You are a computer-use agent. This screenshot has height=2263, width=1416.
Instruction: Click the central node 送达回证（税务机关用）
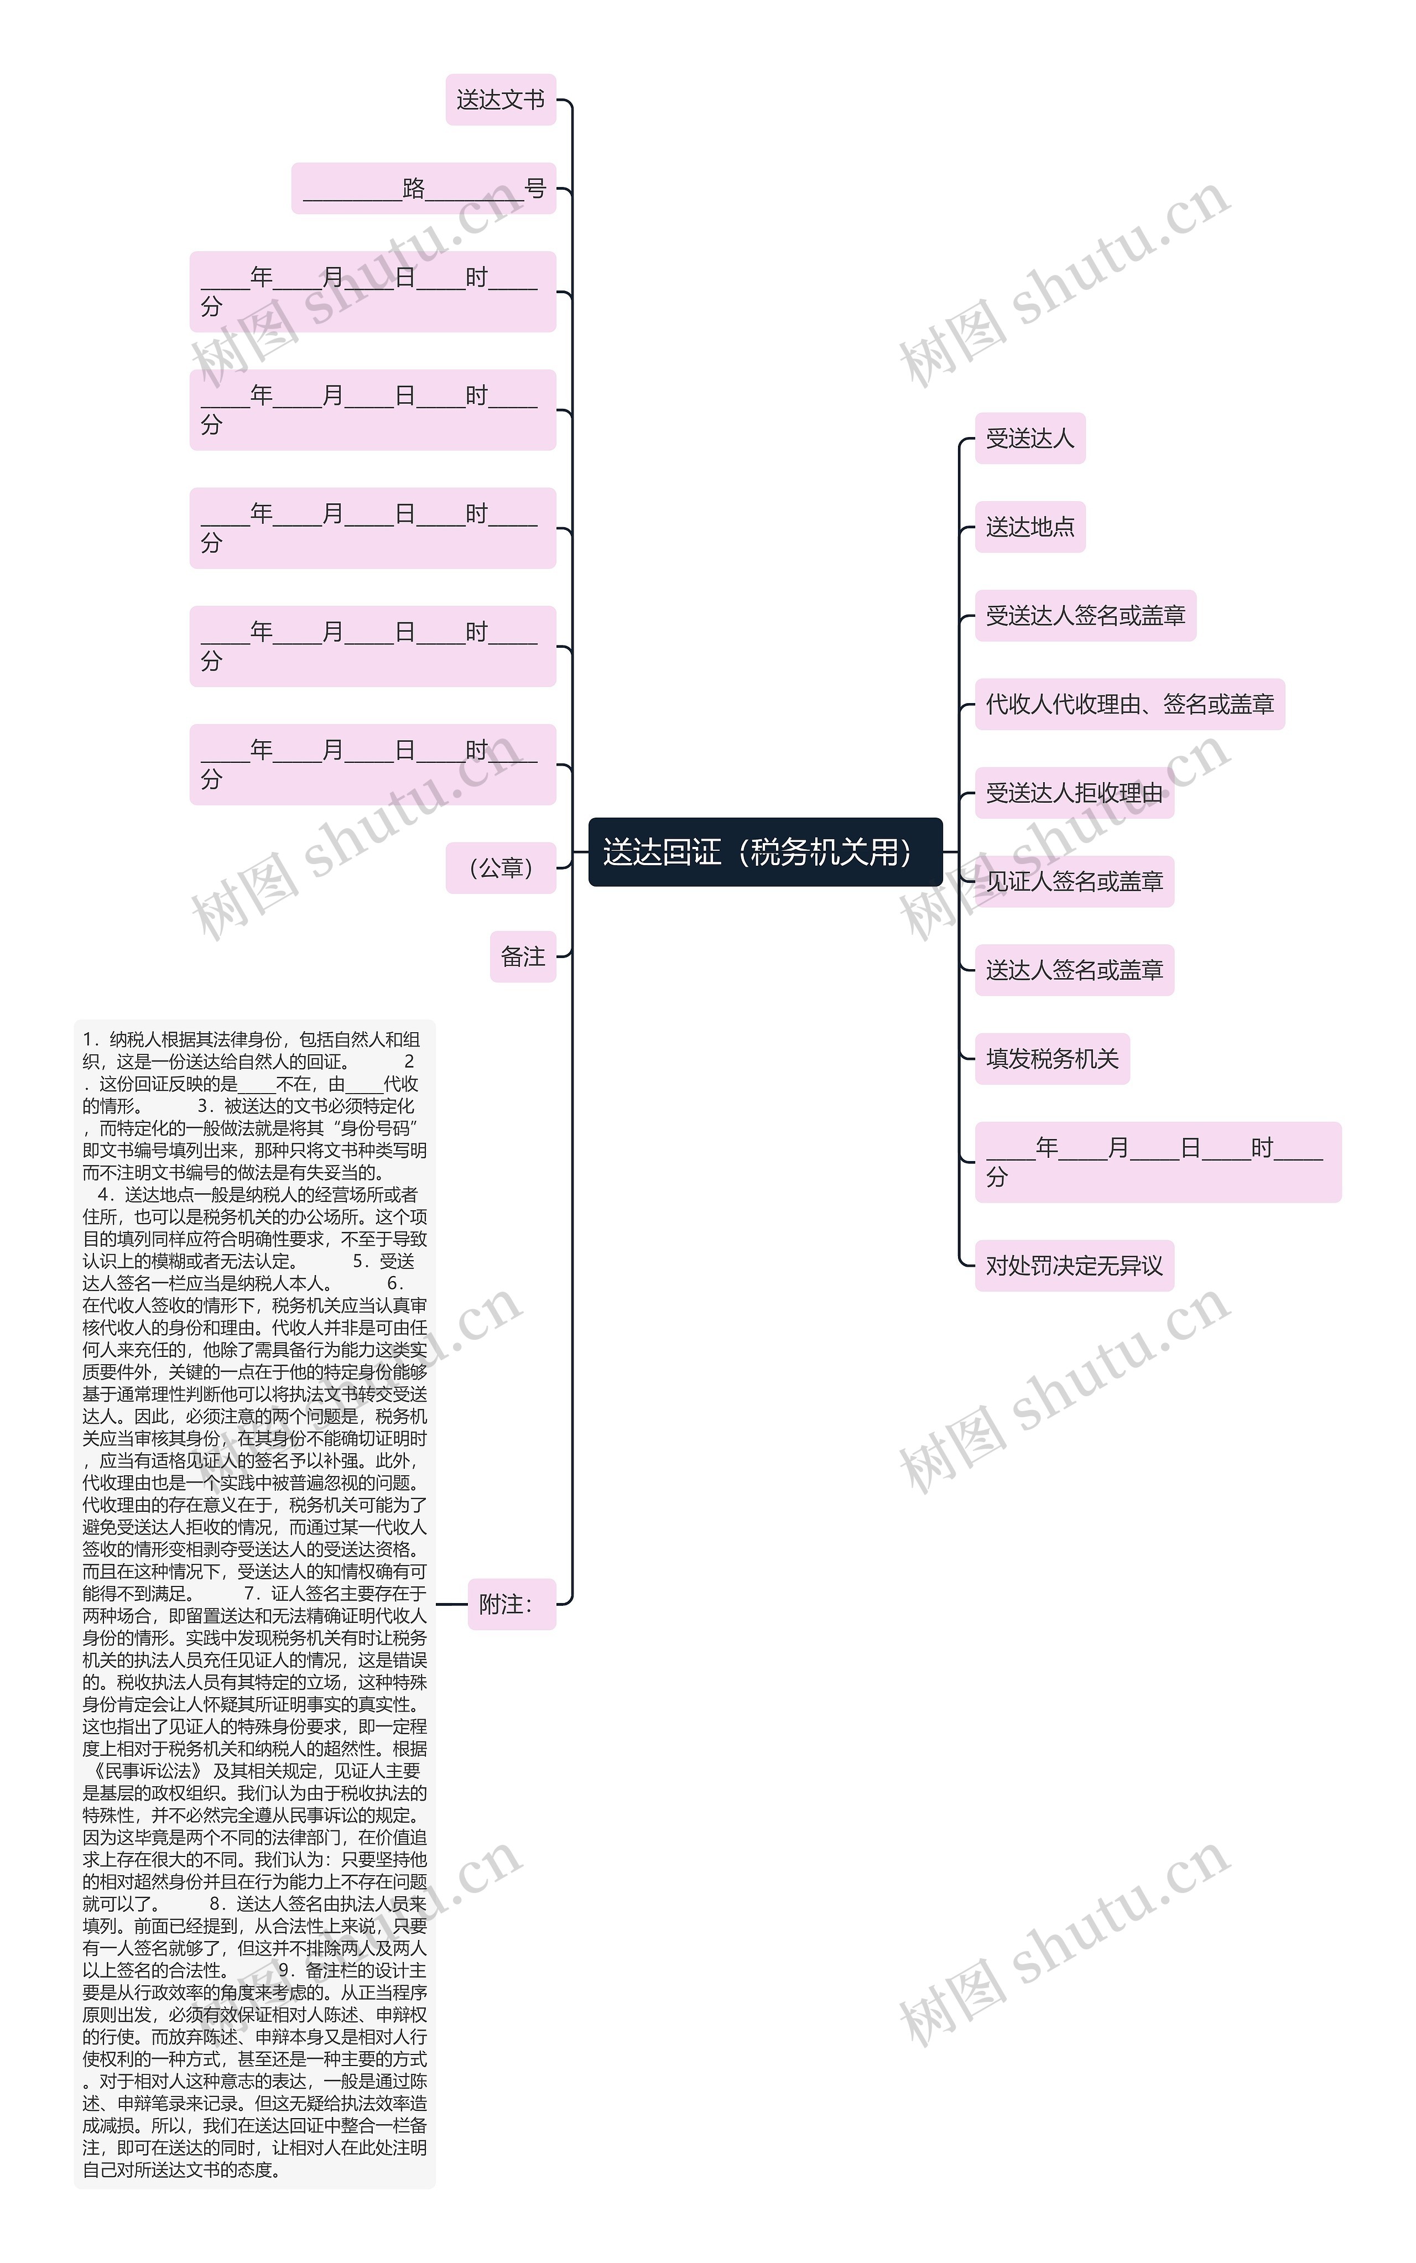click(764, 852)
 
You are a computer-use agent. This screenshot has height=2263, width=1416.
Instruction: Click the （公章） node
click(500, 868)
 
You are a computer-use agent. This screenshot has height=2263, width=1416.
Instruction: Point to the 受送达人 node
click(1029, 438)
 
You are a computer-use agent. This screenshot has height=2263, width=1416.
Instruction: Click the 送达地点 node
click(1029, 527)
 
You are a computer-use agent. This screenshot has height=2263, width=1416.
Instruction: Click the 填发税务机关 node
click(1051, 1059)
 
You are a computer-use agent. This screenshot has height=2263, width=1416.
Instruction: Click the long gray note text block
click(255, 1603)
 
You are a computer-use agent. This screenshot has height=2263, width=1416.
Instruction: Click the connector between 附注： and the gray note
click(451, 1604)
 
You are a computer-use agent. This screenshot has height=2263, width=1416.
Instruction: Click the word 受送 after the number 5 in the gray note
click(397, 1261)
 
